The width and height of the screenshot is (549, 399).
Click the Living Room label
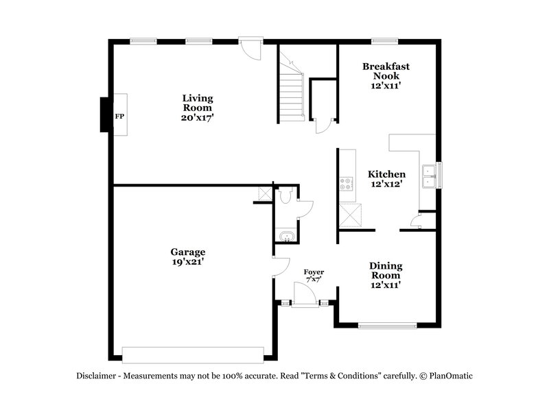click(197, 108)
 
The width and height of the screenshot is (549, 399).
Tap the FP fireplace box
click(119, 116)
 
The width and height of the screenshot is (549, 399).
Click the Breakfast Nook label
click(386, 75)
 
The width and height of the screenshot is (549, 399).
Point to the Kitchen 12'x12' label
click(386, 179)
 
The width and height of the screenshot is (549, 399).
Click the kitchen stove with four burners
click(347, 183)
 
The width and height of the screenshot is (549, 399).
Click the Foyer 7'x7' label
click(314, 276)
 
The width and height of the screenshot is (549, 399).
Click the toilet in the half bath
click(287, 196)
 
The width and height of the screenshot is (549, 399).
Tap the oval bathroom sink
click(285, 237)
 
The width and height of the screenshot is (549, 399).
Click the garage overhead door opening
click(193, 354)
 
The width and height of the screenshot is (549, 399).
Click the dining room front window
click(388, 325)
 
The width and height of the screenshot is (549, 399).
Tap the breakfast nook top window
click(381, 40)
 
